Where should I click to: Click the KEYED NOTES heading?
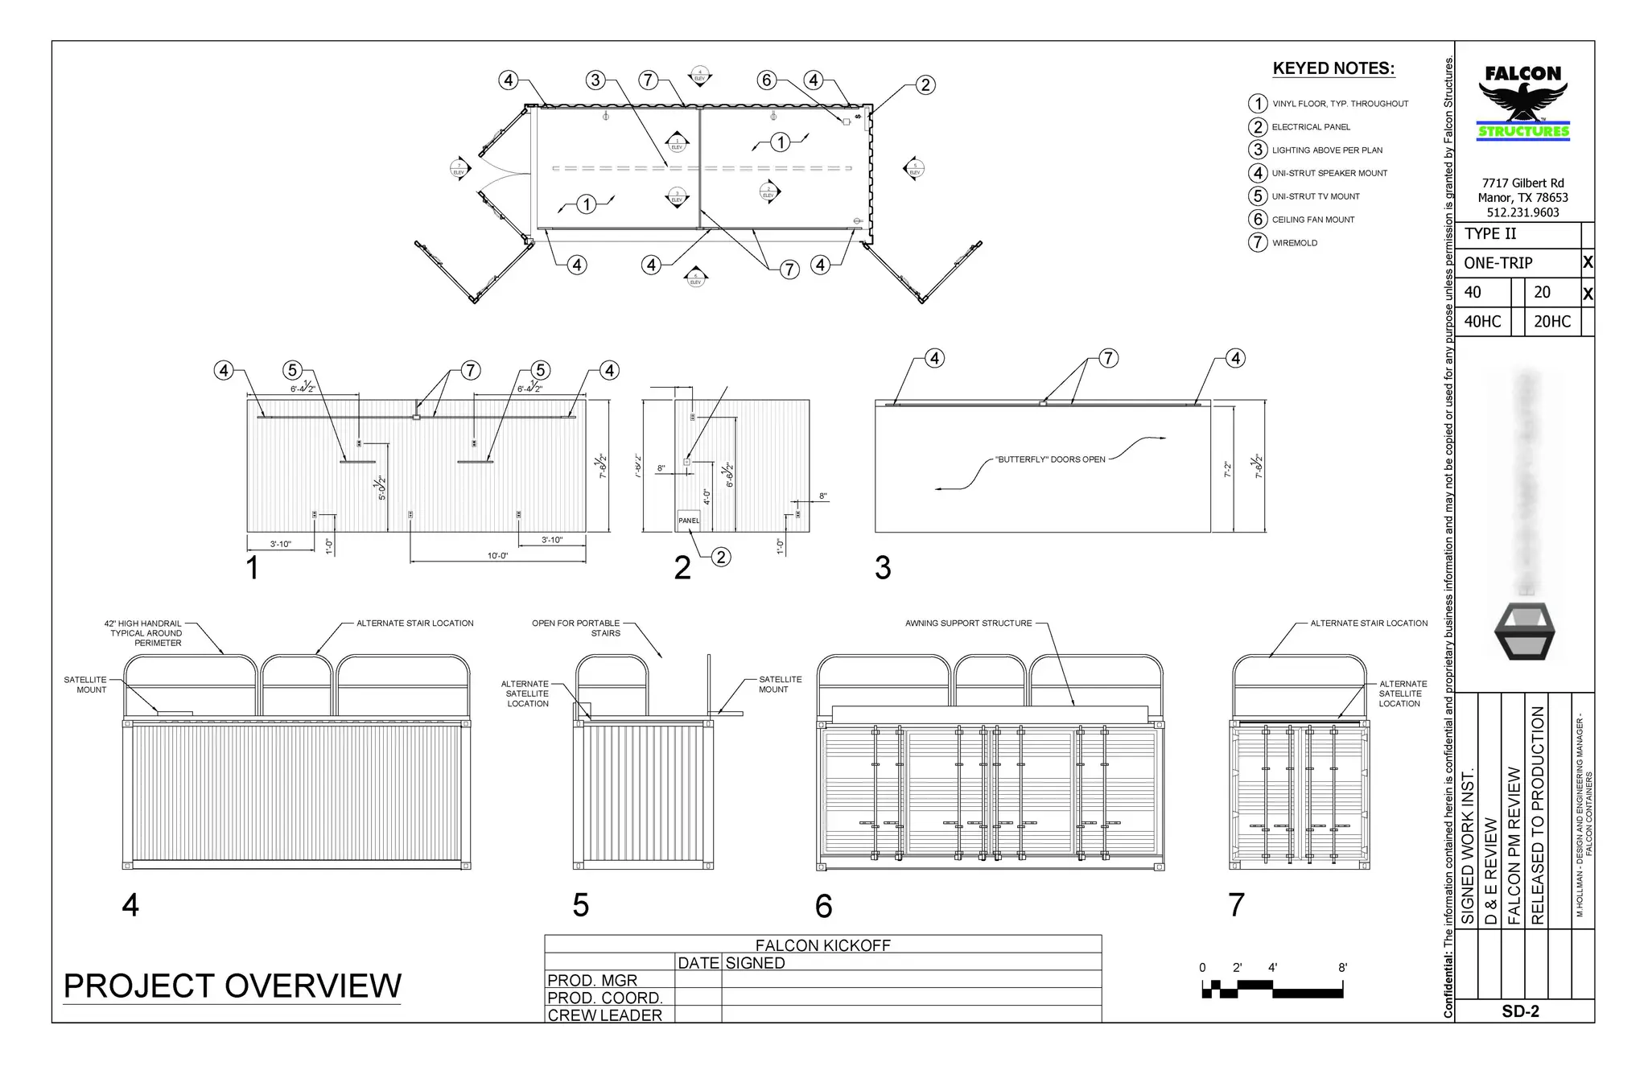(x=1333, y=68)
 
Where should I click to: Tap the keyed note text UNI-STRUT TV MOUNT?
(x=1316, y=196)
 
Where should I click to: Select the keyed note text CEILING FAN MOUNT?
(x=1313, y=220)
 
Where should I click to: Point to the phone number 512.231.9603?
(x=1522, y=212)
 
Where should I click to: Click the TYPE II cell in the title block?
(x=1490, y=234)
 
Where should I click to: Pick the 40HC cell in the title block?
(x=1482, y=322)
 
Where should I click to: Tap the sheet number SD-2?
(x=1520, y=1011)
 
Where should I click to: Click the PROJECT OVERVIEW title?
(x=232, y=986)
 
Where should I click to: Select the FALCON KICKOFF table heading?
(x=822, y=945)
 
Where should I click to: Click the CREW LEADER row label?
(x=605, y=1015)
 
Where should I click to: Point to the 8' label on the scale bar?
(x=1343, y=968)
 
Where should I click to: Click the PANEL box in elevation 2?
(x=689, y=521)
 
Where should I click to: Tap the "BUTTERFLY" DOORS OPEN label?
(x=1050, y=459)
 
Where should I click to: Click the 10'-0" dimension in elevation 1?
(x=497, y=556)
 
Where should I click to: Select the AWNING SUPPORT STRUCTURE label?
(x=968, y=624)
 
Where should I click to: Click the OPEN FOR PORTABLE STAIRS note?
(x=576, y=628)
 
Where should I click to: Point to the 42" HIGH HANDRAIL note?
(x=143, y=633)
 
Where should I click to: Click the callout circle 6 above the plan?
(x=766, y=80)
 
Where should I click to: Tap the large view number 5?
(x=581, y=905)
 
